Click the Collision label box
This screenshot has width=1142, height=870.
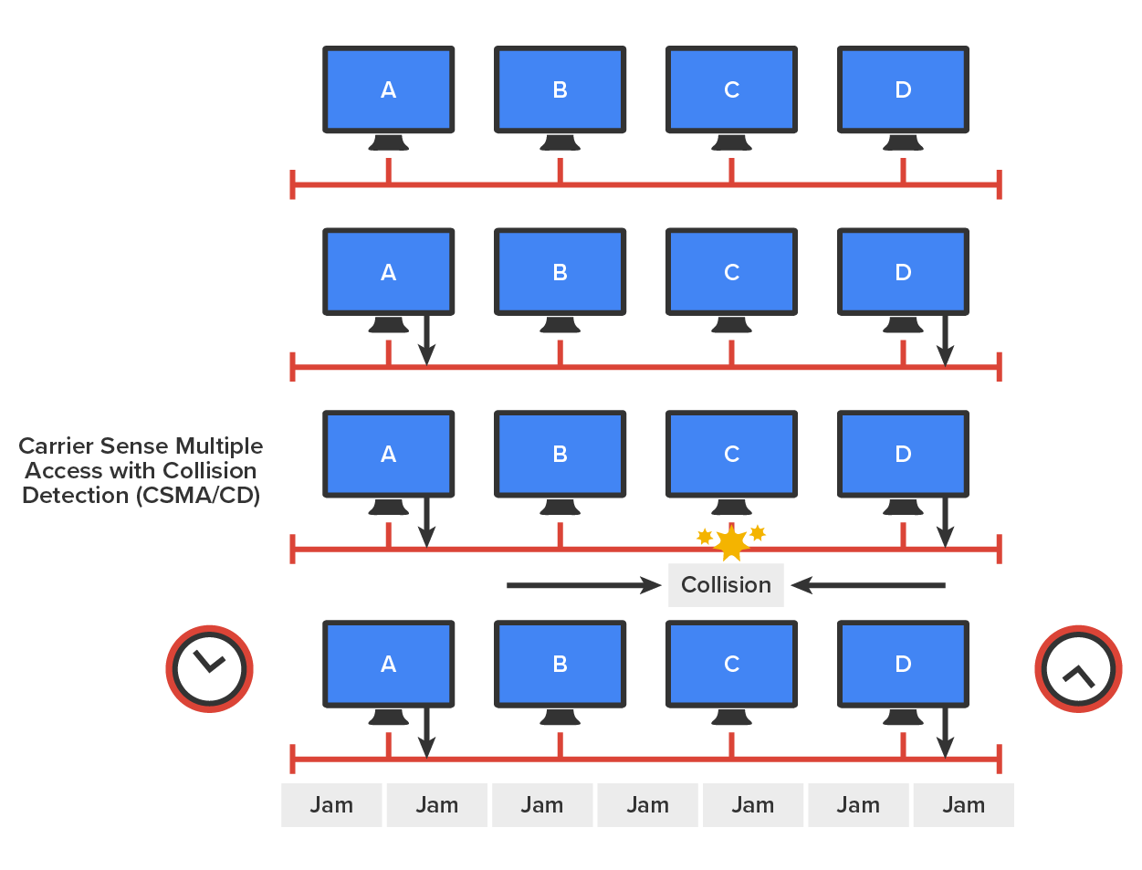click(x=726, y=585)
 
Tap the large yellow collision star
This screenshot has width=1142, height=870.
click(x=731, y=544)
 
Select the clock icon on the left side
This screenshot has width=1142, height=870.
click(x=209, y=668)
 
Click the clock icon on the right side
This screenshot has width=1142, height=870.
click(x=1078, y=668)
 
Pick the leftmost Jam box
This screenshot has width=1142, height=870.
click(x=331, y=805)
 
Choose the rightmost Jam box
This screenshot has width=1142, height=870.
click(x=963, y=805)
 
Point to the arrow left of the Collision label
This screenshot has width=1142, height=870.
click(x=584, y=585)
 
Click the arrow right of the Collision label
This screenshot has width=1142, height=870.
click(x=867, y=585)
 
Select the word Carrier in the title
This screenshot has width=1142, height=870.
click(x=56, y=446)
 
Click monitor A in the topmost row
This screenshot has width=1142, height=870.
click(x=389, y=89)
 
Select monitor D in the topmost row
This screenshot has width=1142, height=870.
click(x=903, y=89)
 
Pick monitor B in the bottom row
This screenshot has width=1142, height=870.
click(x=560, y=664)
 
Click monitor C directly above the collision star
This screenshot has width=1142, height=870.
click(x=731, y=454)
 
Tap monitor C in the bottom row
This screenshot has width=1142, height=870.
click(x=731, y=664)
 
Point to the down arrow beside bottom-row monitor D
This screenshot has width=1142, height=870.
click(x=946, y=732)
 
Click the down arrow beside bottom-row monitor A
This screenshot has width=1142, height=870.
click(x=426, y=732)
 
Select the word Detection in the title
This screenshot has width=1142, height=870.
click(x=75, y=496)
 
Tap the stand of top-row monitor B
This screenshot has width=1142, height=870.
click(x=560, y=142)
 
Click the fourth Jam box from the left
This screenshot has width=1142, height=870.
click(x=647, y=805)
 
